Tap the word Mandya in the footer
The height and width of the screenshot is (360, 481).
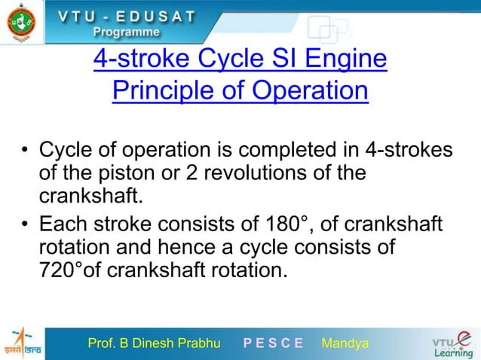[345, 344]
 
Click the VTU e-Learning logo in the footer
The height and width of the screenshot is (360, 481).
[450, 343]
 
